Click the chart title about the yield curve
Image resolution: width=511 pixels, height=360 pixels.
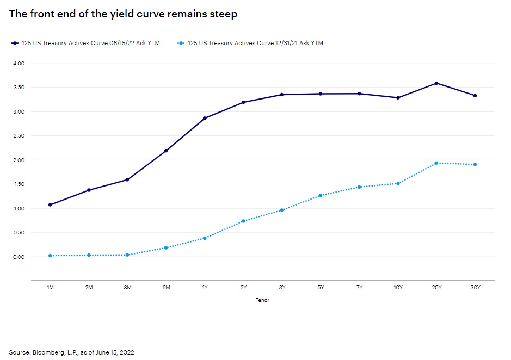pyautogui.click(x=123, y=14)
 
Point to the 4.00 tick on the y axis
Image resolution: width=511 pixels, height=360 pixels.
pyautogui.click(x=19, y=63)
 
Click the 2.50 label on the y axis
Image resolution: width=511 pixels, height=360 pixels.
pyautogui.click(x=19, y=136)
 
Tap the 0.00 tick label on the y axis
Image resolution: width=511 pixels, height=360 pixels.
pyautogui.click(x=19, y=257)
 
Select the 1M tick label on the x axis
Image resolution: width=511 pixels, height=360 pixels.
pyautogui.click(x=50, y=287)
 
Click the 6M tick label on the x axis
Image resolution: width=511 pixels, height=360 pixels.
pyautogui.click(x=166, y=287)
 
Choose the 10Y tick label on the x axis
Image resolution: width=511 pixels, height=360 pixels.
pyautogui.click(x=398, y=287)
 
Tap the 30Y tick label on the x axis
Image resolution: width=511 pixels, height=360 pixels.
pyautogui.click(x=475, y=287)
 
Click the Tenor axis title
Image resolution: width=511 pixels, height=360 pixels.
pyautogui.click(x=262, y=300)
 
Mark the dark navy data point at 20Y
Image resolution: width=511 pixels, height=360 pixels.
pyautogui.click(x=436, y=83)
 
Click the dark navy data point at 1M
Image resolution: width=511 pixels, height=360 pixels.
pyautogui.click(x=50, y=205)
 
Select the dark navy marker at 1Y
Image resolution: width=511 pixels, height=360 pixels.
pyautogui.click(x=205, y=118)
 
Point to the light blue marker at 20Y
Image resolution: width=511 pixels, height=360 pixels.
pyautogui.click(x=436, y=163)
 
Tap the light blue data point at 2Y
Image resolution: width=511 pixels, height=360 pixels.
pyautogui.click(x=243, y=221)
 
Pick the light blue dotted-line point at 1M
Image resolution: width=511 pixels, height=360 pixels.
pyautogui.click(x=50, y=256)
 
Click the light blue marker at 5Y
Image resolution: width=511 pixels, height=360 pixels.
pyautogui.click(x=321, y=195)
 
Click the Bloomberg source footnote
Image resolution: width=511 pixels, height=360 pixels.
pyautogui.click(x=71, y=352)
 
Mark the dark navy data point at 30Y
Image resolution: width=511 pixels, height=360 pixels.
pyautogui.click(x=475, y=96)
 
